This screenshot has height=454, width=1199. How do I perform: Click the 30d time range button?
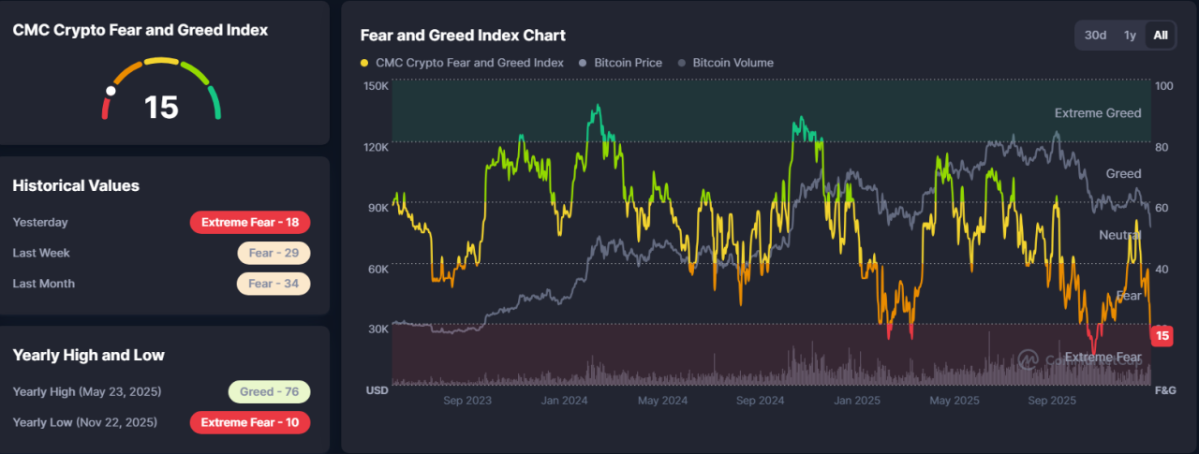tap(1095, 36)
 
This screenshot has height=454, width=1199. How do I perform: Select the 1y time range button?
tap(1130, 36)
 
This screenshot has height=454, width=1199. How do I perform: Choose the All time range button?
tap(1161, 36)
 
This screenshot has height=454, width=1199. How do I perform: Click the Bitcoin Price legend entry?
tap(620, 63)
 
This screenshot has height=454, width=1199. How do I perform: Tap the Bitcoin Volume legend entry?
tap(732, 63)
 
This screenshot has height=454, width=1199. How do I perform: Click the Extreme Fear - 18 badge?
tap(249, 222)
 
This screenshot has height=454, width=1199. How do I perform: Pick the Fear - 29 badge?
tap(274, 253)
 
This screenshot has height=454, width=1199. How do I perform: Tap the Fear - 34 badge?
tap(274, 284)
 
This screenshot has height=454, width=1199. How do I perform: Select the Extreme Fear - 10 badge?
tap(249, 422)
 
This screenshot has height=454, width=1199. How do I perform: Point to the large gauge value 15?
tap(161, 107)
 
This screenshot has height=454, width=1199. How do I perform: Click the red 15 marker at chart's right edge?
tap(1162, 336)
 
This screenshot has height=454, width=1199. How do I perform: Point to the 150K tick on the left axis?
tap(376, 86)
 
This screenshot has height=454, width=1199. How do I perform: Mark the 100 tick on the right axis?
tap(1163, 86)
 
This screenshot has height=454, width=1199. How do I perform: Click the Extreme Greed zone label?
tap(1098, 113)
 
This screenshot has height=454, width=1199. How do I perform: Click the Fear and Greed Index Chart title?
tap(463, 36)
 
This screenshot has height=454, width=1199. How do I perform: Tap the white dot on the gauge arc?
tap(111, 92)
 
